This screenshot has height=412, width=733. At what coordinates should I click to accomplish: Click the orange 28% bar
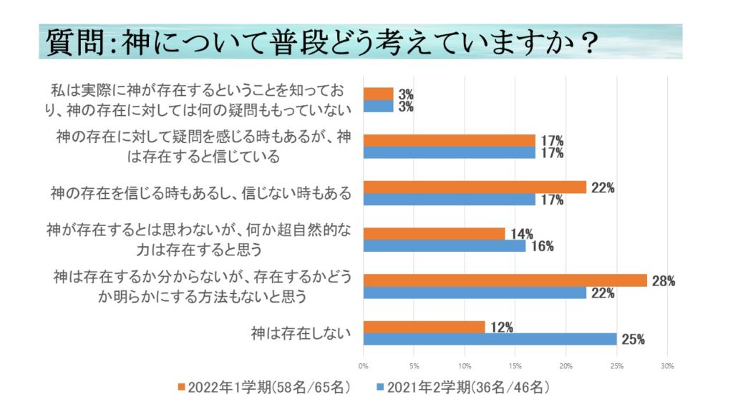[x=505, y=280]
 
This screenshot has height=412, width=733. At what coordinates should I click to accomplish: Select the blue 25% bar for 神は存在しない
[x=490, y=339]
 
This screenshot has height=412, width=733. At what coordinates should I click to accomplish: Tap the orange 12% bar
[x=424, y=327]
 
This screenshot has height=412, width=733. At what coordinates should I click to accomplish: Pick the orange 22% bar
[x=475, y=187]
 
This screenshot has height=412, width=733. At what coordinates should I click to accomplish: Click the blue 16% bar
[x=445, y=246]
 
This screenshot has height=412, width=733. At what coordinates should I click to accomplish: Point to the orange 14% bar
[x=435, y=234]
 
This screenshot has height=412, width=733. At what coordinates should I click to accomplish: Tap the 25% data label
[x=633, y=340]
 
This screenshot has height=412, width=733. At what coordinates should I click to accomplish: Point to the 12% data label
[x=502, y=328]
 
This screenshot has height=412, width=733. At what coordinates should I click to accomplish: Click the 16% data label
[x=542, y=247]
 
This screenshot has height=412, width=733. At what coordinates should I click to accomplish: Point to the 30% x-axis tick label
[x=667, y=367]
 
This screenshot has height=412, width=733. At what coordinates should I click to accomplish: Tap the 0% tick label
[x=364, y=367]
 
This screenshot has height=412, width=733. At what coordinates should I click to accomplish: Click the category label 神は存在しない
[x=301, y=333]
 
